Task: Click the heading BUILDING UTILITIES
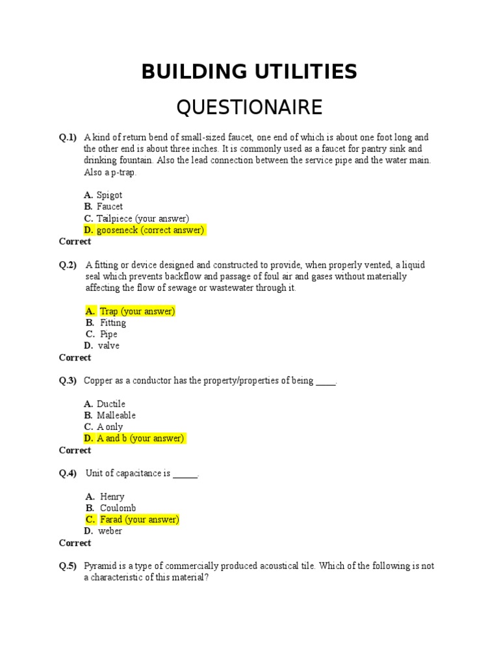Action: [249, 72]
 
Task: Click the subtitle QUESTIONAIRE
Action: [249, 107]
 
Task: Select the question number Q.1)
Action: [68, 138]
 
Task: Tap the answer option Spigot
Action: [109, 195]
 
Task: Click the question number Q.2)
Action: [68, 265]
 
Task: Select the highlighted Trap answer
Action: [137, 311]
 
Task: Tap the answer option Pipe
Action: [109, 334]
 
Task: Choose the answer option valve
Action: [109, 346]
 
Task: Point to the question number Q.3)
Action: [68, 381]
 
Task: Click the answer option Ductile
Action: [111, 404]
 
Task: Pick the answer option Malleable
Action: [116, 416]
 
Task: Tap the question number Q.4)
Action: [68, 473]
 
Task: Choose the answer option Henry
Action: [112, 497]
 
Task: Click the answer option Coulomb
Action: [118, 508]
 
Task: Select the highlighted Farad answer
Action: [139, 520]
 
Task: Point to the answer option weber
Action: [110, 531]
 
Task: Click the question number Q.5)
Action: [68, 566]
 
